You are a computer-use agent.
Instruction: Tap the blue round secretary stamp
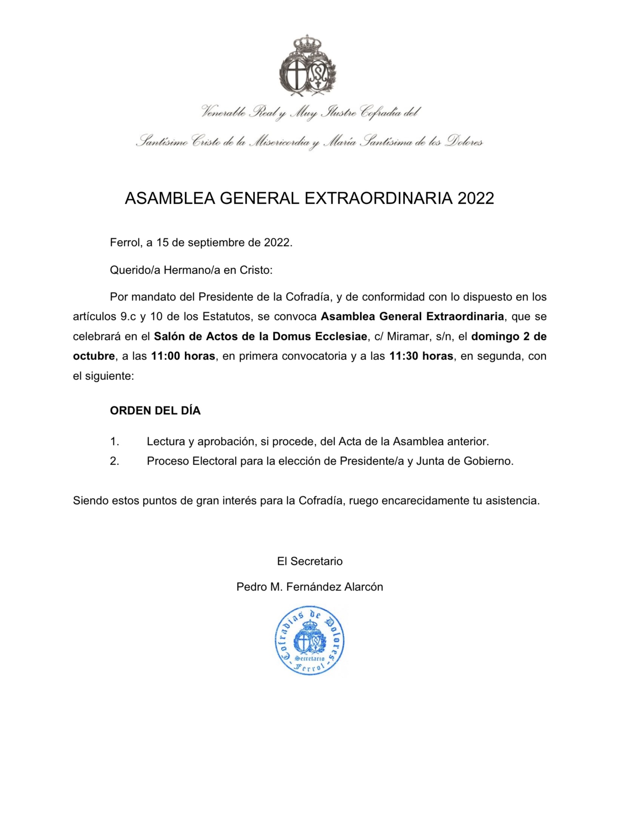[309, 640]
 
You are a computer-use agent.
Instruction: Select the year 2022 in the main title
[475, 199]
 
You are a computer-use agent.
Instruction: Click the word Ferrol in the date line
[124, 243]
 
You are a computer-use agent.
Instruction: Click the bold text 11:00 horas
[183, 356]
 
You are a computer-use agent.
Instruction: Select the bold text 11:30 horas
[421, 356]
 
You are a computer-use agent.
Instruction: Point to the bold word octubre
[94, 356]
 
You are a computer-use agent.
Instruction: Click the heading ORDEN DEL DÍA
[155, 411]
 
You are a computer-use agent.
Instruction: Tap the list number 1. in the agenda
[114, 441]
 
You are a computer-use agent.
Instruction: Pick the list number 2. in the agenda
[114, 461]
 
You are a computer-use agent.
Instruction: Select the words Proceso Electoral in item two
[192, 461]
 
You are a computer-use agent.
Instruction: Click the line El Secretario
[309, 561]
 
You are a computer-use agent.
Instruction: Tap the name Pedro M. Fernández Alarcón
[309, 587]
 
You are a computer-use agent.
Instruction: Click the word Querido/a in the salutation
[135, 270]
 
